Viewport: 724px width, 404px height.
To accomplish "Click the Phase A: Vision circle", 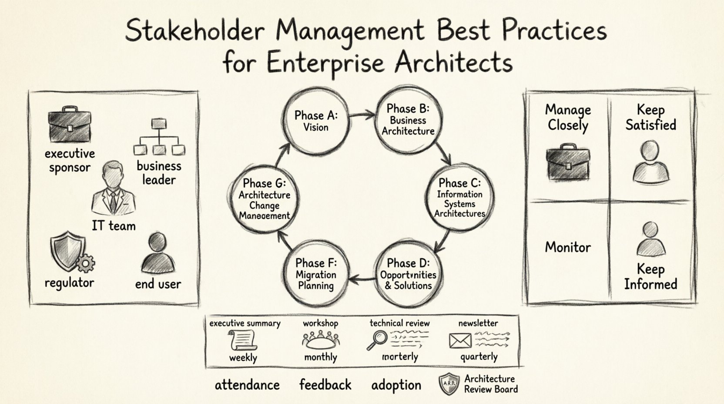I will tap(316, 121).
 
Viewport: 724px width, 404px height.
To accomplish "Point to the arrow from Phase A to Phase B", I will tap(362, 115).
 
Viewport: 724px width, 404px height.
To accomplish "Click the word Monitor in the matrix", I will tap(568, 247).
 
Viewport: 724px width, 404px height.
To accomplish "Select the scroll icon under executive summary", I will tap(243, 340).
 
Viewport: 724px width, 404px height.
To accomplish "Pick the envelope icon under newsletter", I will tap(460, 340).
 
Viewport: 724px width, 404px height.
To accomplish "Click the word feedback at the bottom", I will tap(325, 385).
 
